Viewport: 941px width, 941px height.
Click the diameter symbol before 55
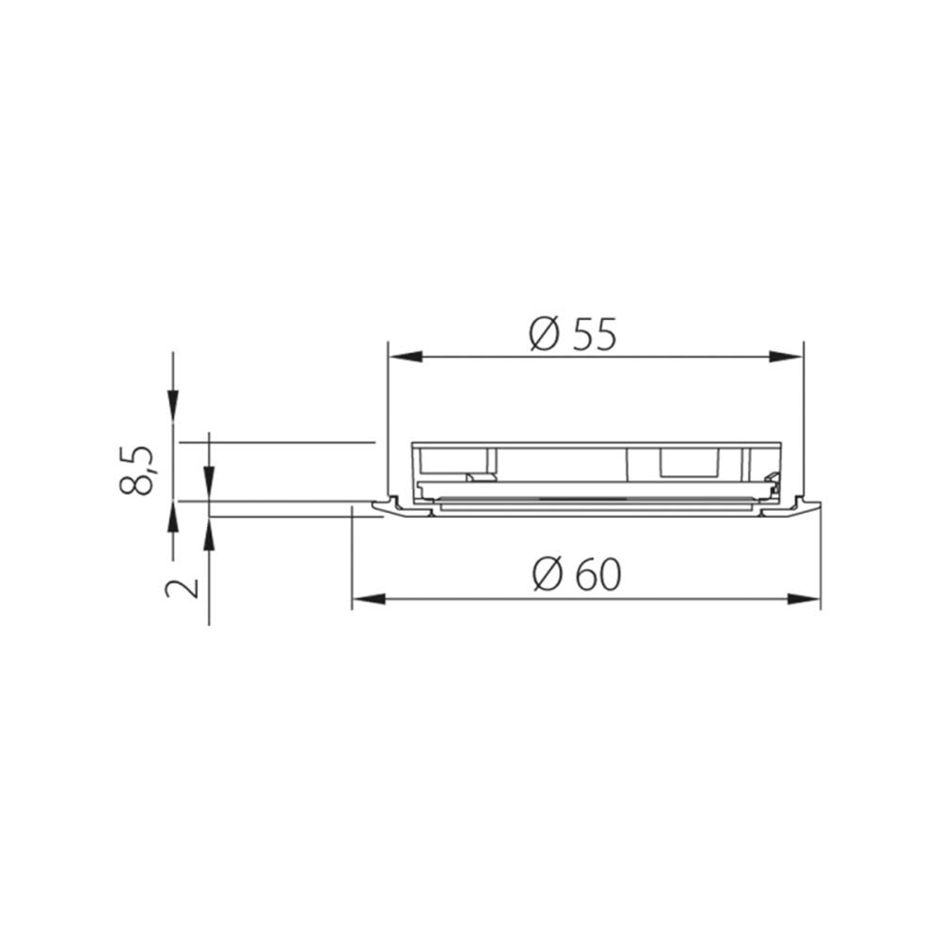(544, 334)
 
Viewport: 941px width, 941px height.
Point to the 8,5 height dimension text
(137, 470)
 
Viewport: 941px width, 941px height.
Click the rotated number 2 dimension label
(183, 588)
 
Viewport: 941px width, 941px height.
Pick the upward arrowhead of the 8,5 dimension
(172, 518)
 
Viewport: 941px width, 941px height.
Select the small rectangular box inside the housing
(690, 461)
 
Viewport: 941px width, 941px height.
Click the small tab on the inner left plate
(479, 477)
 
